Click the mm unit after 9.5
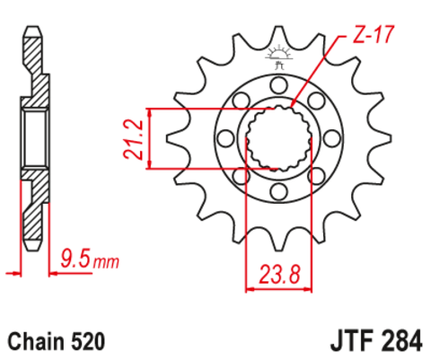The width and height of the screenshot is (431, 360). point(106,263)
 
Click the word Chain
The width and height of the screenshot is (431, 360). point(35,341)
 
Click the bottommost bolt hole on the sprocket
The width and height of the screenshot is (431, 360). point(277,191)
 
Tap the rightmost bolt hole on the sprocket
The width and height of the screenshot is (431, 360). point(330,138)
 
